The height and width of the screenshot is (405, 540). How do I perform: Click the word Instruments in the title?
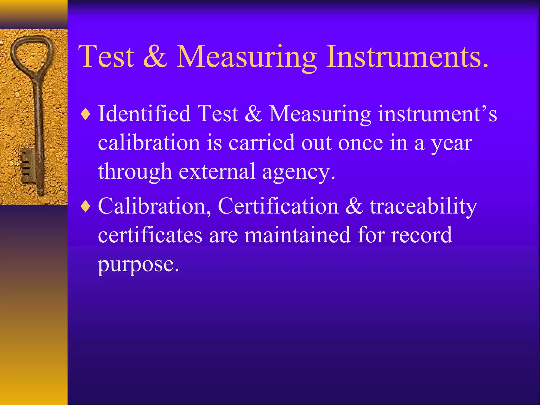click(x=407, y=57)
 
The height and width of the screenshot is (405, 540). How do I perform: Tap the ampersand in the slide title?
click(x=155, y=57)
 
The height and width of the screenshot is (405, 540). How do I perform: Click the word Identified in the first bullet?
click(x=144, y=114)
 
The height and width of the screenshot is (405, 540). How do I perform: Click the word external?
click(x=217, y=171)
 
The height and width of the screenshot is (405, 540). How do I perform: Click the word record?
click(x=421, y=235)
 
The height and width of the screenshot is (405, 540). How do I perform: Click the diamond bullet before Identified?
click(x=86, y=114)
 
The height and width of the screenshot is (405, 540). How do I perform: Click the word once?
click(x=360, y=143)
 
